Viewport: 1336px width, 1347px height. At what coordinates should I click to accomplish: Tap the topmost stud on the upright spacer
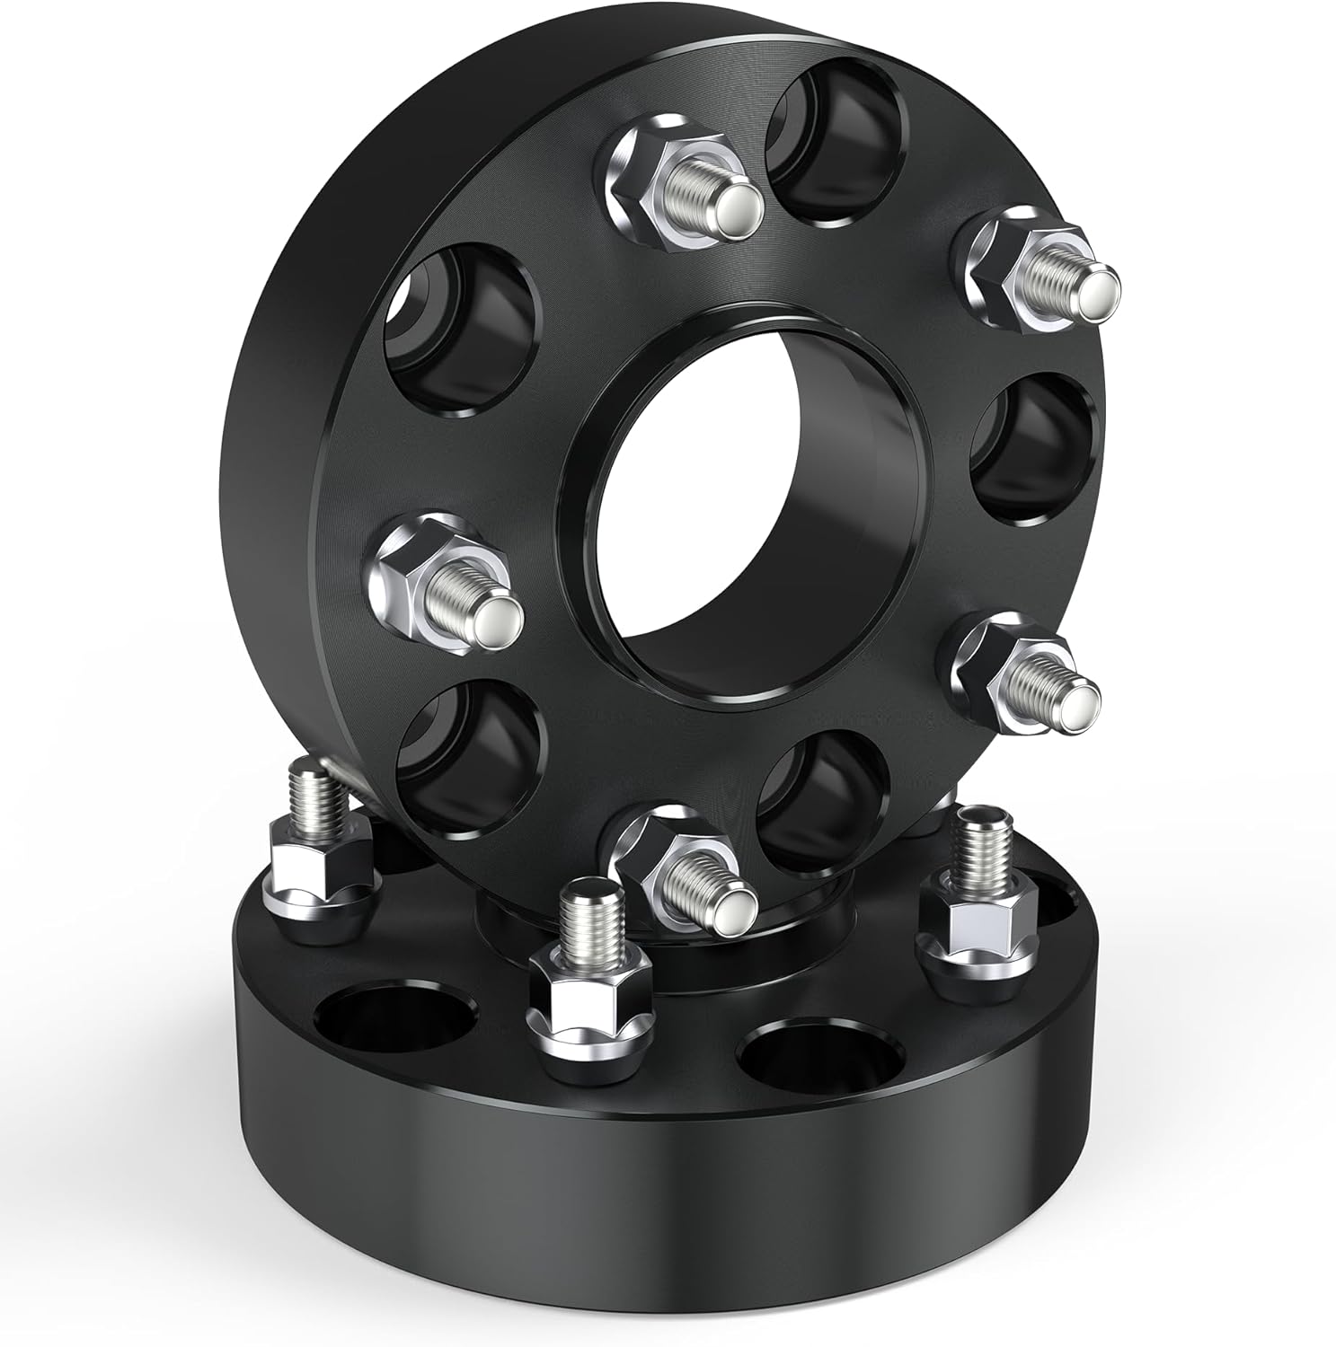(692, 193)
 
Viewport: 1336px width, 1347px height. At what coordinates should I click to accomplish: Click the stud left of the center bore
(445, 584)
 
